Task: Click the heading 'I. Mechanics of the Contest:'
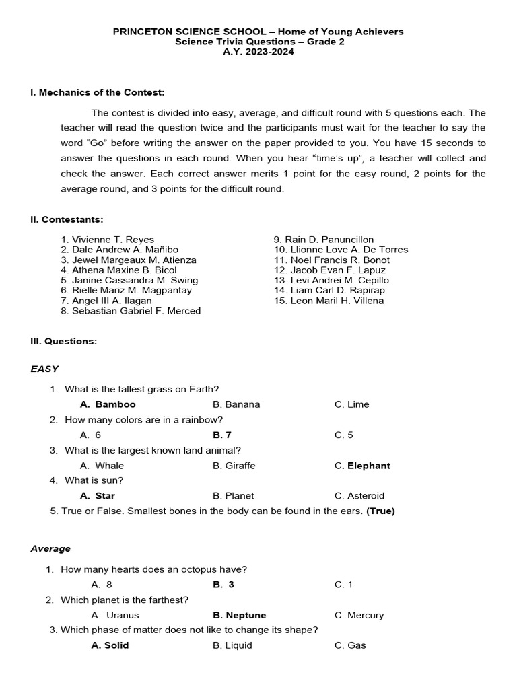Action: (x=98, y=92)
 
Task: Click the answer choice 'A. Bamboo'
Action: (x=108, y=404)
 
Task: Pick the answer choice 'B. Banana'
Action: (x=236, y=404)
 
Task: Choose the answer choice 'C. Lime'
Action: (x=351, y=404)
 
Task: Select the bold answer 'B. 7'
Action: (x=222, y=435)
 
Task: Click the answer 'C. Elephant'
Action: (x=362, y=466)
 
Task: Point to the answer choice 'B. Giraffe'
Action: (x=234, y=466)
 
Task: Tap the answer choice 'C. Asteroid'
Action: (x=359, y=496)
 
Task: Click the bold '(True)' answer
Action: (x=380, y=511)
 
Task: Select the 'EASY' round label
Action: (x=44, y=369)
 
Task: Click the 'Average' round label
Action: (x=50, y=549)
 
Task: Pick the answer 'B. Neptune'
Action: (x=240, y=615)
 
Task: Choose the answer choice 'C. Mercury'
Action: (x=359, y=615)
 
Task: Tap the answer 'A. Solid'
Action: (x=110, y=645)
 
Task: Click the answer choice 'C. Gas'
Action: (x=350, y=645)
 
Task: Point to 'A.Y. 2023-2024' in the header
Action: (x=258, y=52)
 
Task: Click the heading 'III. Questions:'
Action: (x=64, y=342)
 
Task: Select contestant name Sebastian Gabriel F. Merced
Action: (x=131, y=311)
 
